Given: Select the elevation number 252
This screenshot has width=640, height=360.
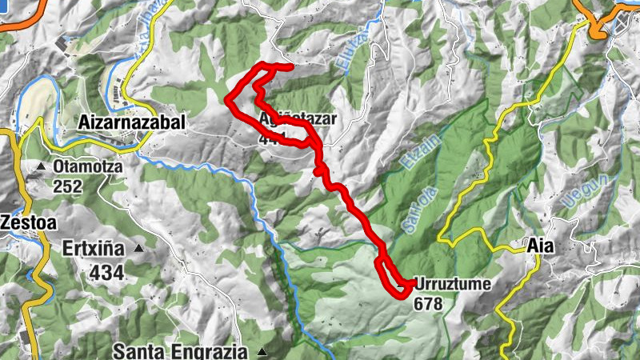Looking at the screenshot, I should (x=68, y=186).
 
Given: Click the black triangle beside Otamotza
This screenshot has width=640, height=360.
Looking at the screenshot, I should (x=41, y=166).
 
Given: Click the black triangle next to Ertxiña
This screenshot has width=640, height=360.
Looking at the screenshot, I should (x=138, y=249).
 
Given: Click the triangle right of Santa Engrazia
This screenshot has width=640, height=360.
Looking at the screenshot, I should (x=262, y=350).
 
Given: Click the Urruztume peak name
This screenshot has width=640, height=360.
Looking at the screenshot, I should (x=452, y=285).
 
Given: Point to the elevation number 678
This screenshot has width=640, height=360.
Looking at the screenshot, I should (x=428, y=303).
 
